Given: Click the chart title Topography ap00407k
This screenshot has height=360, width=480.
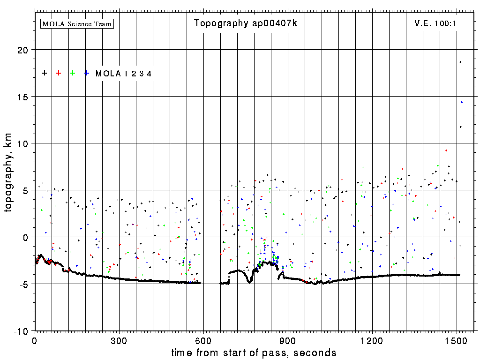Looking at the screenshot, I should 246,23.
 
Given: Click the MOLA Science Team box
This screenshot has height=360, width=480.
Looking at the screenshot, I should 77,23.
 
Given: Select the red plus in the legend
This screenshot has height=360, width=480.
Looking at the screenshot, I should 59,73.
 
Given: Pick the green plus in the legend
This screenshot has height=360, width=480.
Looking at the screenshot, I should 73,73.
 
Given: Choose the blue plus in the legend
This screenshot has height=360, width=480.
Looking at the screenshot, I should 87,73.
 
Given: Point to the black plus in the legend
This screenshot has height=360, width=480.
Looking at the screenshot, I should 45,73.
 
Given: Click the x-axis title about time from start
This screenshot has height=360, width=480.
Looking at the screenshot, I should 254,353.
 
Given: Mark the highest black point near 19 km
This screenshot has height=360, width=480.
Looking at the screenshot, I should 460,62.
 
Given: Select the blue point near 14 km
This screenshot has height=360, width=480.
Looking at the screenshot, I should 462,102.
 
